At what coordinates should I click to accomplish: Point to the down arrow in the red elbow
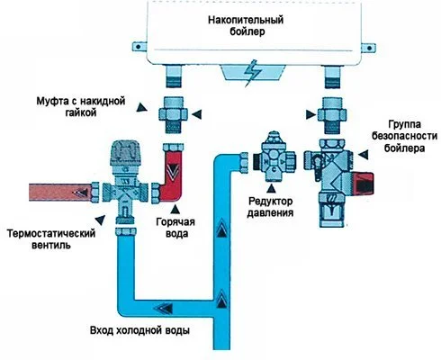tap(171, 167)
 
